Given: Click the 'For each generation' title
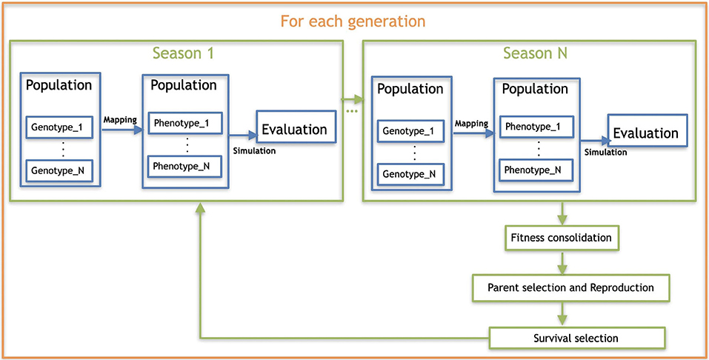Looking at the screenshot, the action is pyautogui.click(x=353, y=21).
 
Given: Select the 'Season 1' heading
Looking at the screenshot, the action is pyautogui.click(x=183, y=53).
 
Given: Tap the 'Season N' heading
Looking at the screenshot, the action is pyautogui.click(x=536, y=53).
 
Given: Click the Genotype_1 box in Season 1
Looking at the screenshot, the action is pyautogui.click(x=59, y=127).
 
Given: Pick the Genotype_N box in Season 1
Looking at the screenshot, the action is pyautogui.click(x=59, y=170).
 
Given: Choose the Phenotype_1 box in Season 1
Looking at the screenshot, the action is pyautogui.click(x=185, y=122).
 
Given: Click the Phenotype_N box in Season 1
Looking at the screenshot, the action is pyautogui.click(x=185, y=165).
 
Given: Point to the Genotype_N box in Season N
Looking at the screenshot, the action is pyautogui.click(x=410, y=174).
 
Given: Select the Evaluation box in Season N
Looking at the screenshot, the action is pyautogui.click(x=647, y=133).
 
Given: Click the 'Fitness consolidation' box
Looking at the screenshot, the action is pyautogui.click(x=561, y=238).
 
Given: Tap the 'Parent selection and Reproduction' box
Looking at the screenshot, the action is pyautogui.click(x=570, y=287).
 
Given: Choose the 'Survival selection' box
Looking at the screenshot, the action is pyautogui.click(x=578, y=338).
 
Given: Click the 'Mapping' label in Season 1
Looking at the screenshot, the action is pyautogui.click(x=120, y=120).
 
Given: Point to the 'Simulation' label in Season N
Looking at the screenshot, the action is pyautogui.click(x=606, y=153).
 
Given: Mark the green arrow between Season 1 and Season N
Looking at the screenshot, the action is pyautogui.click(x=352, y=99).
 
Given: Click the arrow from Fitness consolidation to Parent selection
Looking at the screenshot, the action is pyautogui.click(x=562, y=263).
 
